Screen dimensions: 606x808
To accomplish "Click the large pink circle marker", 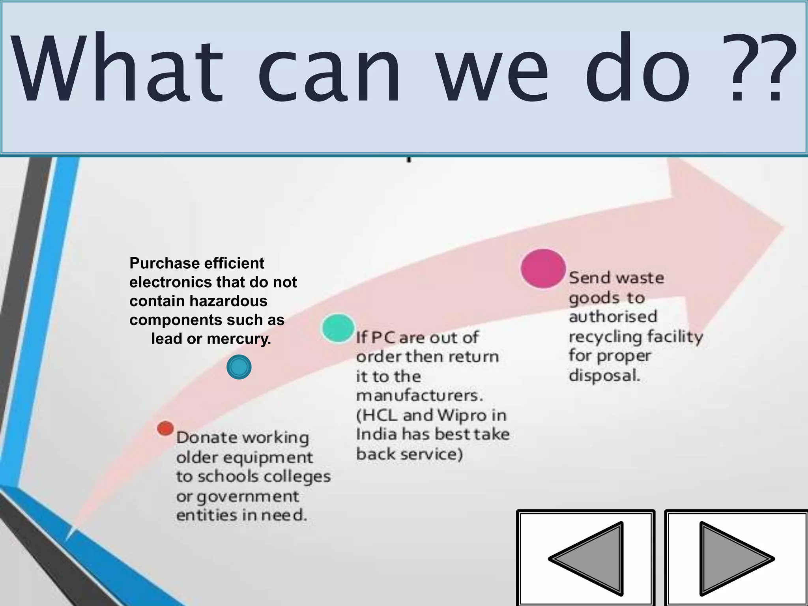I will [x=543, y=268].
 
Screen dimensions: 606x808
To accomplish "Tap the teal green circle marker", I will [x=338, y=328].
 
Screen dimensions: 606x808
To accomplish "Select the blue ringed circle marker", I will [x=239, y=367].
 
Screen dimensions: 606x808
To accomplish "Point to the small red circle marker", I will [x=165, y=428].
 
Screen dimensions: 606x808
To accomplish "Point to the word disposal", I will [x=604, y=375].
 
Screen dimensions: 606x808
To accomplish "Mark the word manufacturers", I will [x=419, y=395].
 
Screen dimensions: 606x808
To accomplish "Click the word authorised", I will [x=613, y=316].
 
